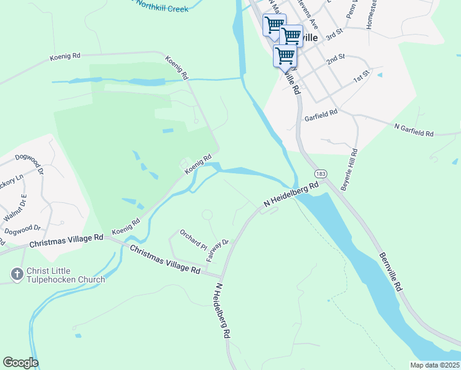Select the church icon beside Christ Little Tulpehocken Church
(17, 272)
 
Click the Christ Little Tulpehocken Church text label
(65, 276)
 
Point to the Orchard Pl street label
(193, 240)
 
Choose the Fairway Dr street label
(218, 250)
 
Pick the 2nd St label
(335, 59)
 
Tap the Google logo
(20, 363)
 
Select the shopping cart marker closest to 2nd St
(285, 56)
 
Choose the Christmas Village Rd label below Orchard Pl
(165, 258)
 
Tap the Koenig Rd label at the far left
(65, 58)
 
